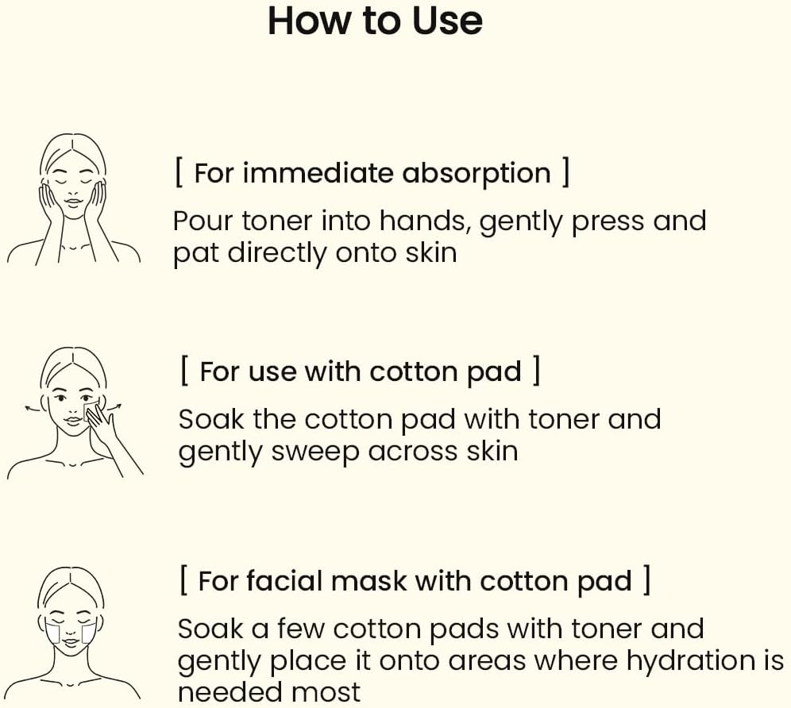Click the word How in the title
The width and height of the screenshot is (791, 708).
[302, 21]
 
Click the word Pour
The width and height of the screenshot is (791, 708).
[203, 221]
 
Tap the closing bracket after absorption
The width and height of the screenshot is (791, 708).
[565, 172]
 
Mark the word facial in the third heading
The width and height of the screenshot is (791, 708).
[284, 581]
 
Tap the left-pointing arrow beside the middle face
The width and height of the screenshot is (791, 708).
[32, 407]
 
